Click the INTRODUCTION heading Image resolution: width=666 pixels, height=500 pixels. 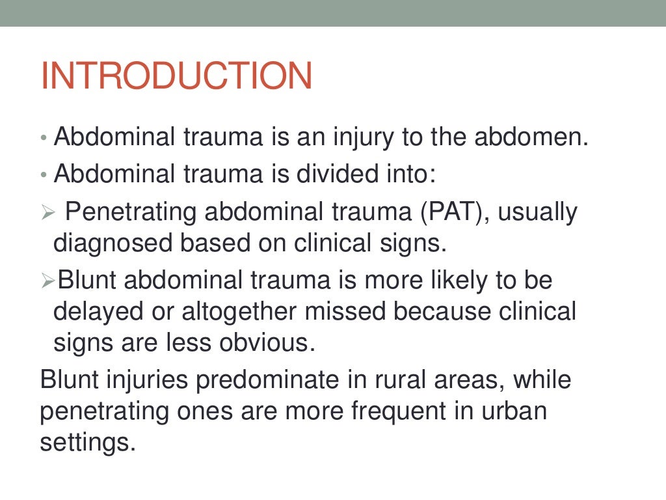point(176,76)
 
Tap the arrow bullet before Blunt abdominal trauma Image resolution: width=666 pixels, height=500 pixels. point(46,282)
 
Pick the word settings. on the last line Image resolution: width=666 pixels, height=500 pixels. point(88,443)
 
